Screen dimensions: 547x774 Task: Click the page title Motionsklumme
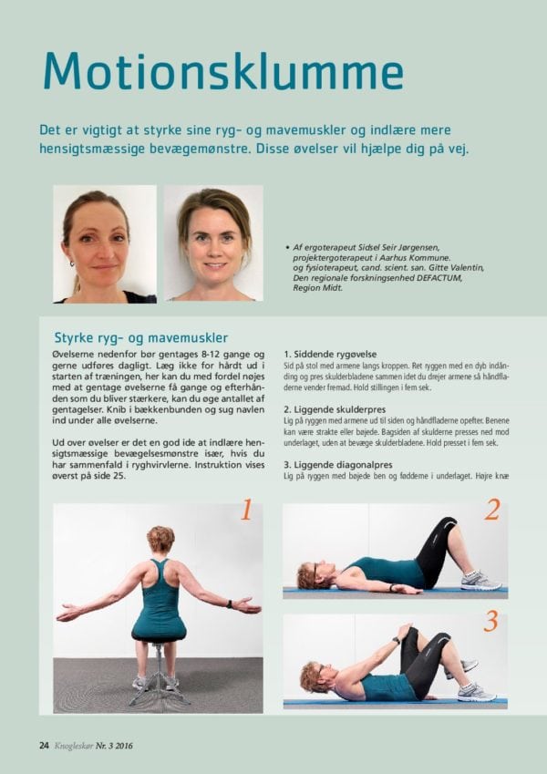[223, 71]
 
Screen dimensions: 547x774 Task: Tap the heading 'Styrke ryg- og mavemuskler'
[141, 338]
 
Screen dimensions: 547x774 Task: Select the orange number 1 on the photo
[246, 510]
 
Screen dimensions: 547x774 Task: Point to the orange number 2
[492, 510]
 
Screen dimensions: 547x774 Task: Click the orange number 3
[490, 622]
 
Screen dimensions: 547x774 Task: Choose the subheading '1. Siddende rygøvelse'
[330, 355]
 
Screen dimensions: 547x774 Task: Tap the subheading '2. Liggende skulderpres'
[335, 409]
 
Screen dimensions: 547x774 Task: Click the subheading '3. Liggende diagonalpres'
[338, 465]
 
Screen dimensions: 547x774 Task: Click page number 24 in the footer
[44, 746]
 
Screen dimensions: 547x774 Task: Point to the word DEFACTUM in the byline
[439, 278]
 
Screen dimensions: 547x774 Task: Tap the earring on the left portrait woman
[72, 263]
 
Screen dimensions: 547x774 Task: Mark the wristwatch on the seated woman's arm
[230, 604]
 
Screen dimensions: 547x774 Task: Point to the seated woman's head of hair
[161, 538]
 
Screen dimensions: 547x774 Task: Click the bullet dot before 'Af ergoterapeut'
[287, 247]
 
